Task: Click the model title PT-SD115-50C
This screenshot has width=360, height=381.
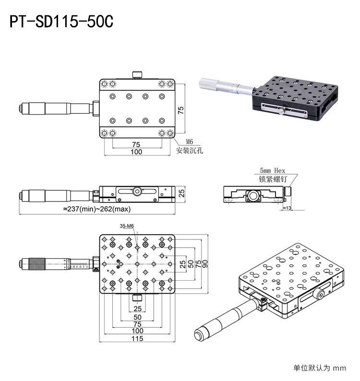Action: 61,22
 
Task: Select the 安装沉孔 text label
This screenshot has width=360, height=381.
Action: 190,150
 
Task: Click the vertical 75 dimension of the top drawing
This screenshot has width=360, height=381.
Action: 181,110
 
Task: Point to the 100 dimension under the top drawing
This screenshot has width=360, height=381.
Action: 136,152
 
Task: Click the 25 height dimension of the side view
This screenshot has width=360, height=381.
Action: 181,193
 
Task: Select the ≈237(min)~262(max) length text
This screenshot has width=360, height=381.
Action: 96,209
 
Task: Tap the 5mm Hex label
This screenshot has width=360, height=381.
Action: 272,170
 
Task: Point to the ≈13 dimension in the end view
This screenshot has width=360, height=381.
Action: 288,208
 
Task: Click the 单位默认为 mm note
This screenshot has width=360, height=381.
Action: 319,369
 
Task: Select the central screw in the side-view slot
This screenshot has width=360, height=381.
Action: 137,192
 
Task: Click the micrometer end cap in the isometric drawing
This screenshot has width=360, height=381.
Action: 199,334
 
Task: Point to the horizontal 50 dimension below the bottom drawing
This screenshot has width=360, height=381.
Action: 137,317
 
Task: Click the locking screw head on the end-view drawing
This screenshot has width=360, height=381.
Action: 287,191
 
